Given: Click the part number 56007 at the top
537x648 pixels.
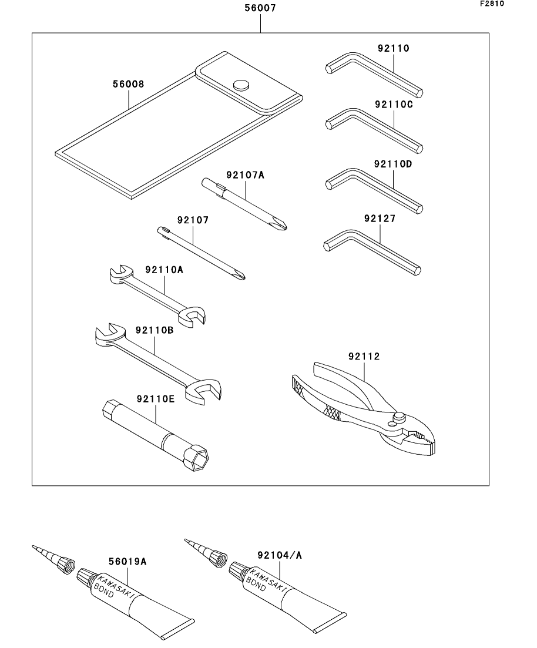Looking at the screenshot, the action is tap(260, 8).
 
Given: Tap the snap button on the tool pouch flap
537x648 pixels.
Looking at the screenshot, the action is tap(241, 85).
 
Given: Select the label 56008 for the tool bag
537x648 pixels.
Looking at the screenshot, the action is tap(129, 84).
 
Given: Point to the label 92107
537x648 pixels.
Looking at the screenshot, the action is tap(193, 220).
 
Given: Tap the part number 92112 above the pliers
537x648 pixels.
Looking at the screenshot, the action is tap(364, 356).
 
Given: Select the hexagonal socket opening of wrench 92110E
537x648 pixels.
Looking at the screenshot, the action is tap(199, 458).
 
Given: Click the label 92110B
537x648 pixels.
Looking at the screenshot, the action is tap(155, 330).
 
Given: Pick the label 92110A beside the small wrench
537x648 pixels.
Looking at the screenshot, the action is tap(164, 270).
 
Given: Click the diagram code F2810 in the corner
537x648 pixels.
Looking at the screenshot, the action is tap(492, 4).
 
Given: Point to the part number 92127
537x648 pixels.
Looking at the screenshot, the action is tap(380, 218).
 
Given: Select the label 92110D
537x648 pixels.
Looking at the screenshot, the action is tap(393, 164).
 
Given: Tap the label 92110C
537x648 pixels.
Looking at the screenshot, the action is tap(394, 104).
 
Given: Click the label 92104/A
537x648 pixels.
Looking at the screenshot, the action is tap(280, 555).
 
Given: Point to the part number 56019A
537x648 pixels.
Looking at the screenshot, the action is tap(127, 561).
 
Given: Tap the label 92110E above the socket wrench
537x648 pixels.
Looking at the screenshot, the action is tap(156, 399).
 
